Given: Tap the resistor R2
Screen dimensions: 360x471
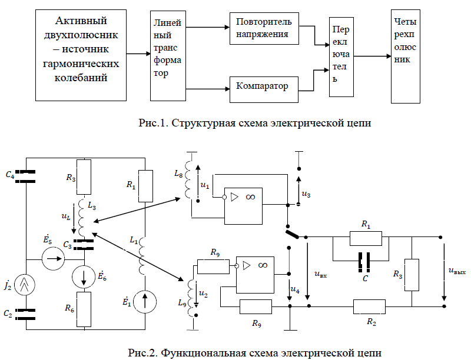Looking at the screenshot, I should (x=370, y=306).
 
